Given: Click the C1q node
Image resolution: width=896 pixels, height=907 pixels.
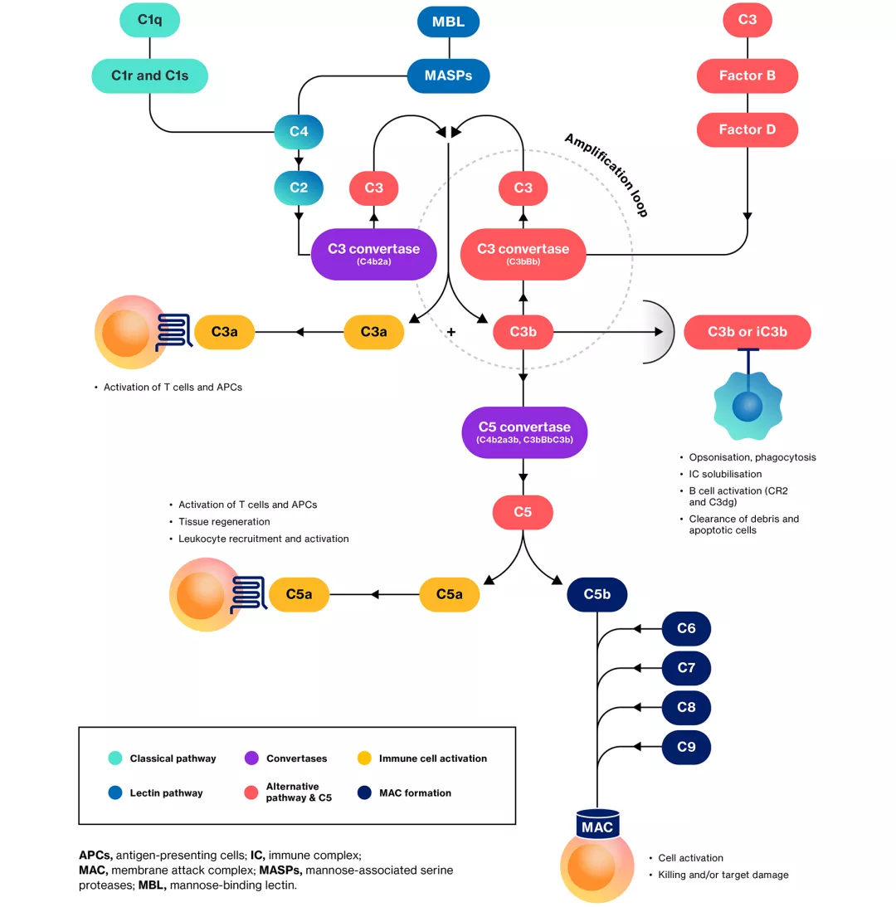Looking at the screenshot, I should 149,20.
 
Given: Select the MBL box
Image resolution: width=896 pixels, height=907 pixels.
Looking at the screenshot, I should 448,22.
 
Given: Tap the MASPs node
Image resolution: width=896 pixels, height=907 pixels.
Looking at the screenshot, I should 448,76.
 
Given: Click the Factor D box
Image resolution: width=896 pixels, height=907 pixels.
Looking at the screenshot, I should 747,129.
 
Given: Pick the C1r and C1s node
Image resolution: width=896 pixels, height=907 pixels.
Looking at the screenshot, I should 149,76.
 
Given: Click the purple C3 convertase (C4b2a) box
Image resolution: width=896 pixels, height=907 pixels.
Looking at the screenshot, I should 373,253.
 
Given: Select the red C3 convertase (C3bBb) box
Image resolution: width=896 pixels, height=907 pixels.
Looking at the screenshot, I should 523,253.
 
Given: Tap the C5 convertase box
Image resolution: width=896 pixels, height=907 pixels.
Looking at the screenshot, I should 523,432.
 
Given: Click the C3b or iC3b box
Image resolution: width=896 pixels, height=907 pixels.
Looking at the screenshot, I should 747,332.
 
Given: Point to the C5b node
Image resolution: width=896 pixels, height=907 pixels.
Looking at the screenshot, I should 597,594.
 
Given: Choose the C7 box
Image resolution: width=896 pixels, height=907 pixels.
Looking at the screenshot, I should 686,668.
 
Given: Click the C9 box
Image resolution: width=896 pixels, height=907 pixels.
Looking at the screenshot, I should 686,747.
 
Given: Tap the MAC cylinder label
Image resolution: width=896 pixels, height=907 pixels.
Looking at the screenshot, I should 597,827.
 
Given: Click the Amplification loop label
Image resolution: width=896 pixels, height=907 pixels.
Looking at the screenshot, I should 606,174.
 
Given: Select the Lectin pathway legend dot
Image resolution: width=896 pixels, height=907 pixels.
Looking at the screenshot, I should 115,792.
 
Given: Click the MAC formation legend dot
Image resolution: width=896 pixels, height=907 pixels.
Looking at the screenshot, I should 364,792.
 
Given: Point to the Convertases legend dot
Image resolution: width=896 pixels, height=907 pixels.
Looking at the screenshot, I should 251,758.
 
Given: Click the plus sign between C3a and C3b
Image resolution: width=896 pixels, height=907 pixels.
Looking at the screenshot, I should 451,332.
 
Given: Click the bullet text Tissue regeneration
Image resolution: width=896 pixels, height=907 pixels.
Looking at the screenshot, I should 224,522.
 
